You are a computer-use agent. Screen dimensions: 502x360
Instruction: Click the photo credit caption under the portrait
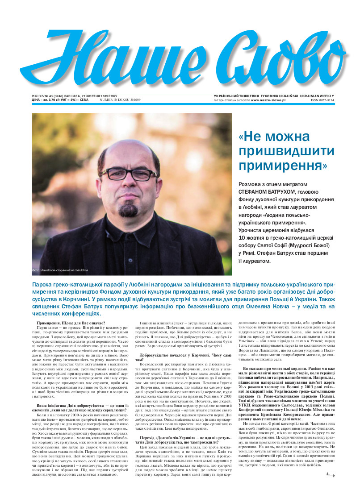pyautogui.click(x=60, y=270)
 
